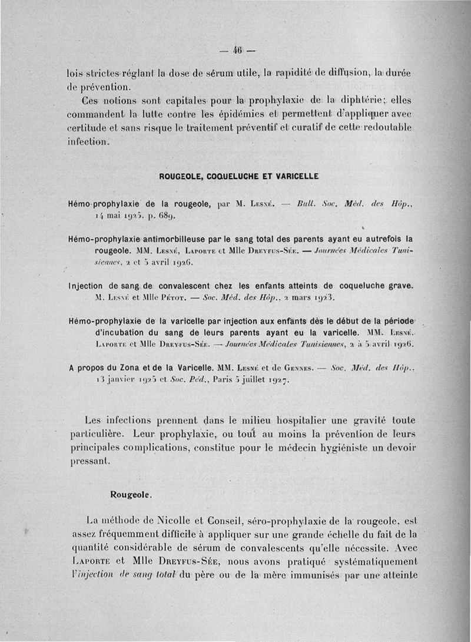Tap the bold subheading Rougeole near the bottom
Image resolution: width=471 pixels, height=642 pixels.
pos(131,495)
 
